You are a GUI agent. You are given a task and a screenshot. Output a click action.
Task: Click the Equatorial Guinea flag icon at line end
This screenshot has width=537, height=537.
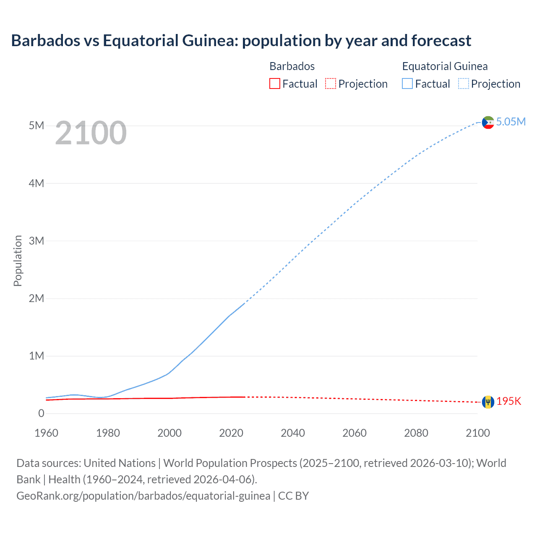(488, 123)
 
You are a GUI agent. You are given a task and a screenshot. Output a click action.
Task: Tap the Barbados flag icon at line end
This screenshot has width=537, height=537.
(488, 402)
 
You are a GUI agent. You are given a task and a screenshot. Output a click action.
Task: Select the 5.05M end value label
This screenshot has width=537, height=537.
(511, 122)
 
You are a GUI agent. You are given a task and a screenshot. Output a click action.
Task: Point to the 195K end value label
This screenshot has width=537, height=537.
(508, 401)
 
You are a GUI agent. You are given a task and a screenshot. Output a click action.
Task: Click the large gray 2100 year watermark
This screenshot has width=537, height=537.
(91, 133)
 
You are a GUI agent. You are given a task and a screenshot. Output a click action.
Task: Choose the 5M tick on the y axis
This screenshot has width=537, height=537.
(36, 125)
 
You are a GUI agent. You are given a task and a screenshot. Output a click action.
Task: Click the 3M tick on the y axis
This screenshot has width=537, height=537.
(36, 241)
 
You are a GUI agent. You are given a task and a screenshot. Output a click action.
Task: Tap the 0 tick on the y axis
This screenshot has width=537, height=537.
(41, 413)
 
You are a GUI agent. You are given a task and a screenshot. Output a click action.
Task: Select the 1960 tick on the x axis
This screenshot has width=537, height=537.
(46, 433)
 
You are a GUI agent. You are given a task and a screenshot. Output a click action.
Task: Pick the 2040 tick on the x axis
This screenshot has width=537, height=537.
(293, 433)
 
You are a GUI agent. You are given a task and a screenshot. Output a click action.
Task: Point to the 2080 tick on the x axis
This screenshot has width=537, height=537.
(416, 433)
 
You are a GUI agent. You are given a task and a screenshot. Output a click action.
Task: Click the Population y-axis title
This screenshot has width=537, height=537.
(18, 261)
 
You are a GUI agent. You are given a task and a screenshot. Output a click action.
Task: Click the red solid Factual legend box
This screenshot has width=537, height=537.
(274, 83)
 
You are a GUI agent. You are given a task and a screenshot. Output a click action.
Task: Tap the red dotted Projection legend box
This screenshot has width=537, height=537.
(331, 83)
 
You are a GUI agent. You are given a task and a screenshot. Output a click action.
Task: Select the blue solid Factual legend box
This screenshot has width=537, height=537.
(407, 83)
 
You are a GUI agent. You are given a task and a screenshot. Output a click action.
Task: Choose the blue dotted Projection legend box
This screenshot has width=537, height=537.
(464, 83)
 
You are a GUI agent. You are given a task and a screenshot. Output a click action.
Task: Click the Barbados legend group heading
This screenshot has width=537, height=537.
(292, 66)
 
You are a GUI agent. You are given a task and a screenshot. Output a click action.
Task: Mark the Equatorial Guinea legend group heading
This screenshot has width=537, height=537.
(445, 66)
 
